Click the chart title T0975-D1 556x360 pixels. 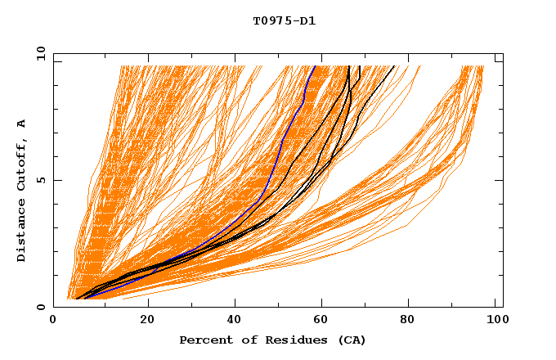(284, 21)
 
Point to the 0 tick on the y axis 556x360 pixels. (40, 307)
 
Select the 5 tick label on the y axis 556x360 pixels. (40, 180)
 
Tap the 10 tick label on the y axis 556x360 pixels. (38, 53)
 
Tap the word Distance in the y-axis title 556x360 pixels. (21, 229)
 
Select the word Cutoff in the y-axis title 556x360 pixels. (21, 161)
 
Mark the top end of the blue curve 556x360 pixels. (316, 66)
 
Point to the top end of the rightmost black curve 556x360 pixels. (394, 66)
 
